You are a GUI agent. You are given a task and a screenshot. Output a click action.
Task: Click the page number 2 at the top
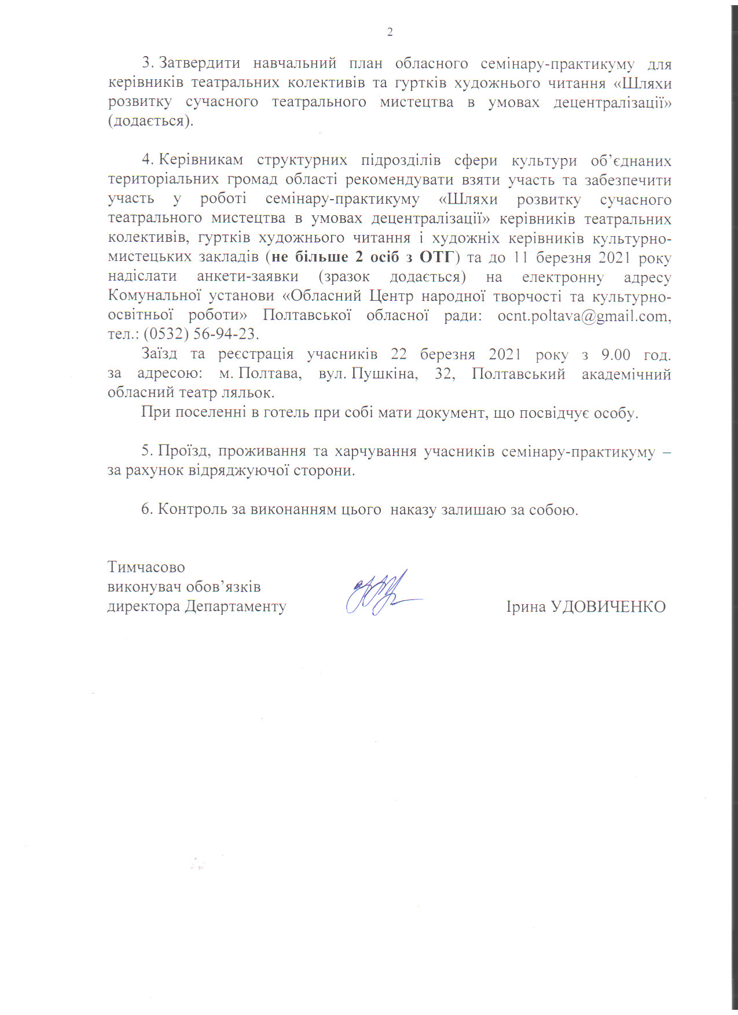(x=390, y=32)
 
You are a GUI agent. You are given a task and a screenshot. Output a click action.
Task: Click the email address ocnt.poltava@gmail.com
(x=583, y=316)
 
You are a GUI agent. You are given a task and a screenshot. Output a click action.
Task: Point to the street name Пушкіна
(x=384, y=374)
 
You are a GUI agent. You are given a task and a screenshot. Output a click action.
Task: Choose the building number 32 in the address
(x=444, y=374)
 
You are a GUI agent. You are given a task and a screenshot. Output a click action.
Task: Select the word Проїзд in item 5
(x=183, y=452)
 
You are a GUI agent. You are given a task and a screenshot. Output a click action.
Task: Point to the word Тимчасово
(x=146, y=567)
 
